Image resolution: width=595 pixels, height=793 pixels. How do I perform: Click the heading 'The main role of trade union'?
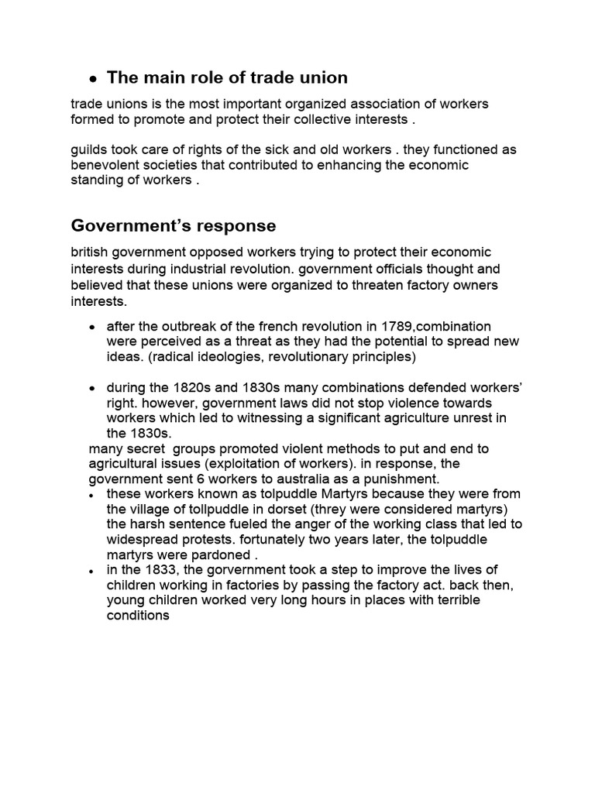tap(227, 77)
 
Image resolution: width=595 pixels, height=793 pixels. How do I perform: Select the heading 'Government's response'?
tap(174, 225)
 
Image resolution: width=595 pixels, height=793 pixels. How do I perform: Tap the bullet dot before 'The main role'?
tap(93, 79)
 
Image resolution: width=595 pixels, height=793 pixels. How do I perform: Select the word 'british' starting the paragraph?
tap(90, 253)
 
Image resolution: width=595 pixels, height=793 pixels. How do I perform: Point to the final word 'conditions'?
tap(138, 616)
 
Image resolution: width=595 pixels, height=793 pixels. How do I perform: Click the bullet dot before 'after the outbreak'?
tap(93, 327)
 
